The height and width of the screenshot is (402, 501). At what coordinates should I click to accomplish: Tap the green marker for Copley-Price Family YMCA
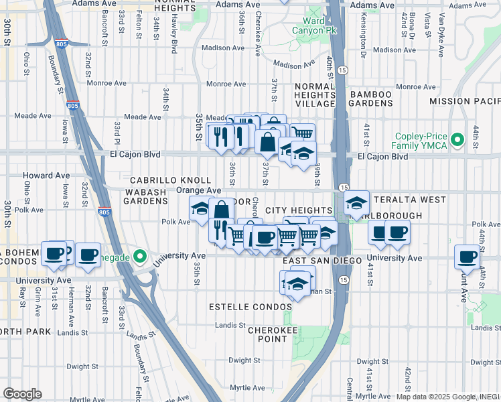point(457,140)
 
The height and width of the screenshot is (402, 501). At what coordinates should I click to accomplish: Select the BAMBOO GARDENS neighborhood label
point(369,98)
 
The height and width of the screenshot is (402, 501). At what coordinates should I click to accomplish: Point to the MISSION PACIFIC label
point(464,101)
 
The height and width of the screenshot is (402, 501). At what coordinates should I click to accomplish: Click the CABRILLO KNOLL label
point(170,181)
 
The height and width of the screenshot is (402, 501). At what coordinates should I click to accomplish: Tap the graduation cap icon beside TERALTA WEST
point(357,202)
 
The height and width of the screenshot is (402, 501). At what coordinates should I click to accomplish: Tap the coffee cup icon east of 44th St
point(467,256)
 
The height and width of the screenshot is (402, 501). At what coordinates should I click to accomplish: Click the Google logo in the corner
point(22,394)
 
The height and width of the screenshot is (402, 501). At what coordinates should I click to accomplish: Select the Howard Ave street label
point(46,176)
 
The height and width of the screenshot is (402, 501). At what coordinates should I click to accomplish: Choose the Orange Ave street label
point(199,190)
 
